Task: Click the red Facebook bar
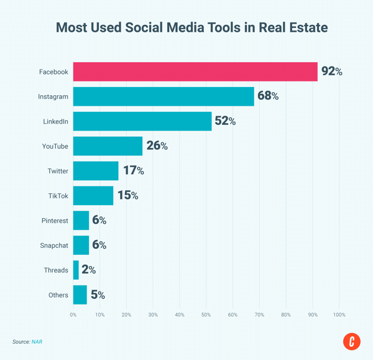195,72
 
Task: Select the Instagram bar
163,96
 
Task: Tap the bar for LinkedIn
142,121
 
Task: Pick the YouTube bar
108,146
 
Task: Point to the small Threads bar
76,270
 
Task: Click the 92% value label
331,72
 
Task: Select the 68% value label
268,96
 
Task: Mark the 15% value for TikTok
127,195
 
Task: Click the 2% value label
89,270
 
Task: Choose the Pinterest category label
54,221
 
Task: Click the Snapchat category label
54,246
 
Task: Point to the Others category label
58,295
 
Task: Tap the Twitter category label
58,171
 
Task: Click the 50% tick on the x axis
206,315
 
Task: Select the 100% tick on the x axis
339,315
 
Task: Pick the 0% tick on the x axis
73,315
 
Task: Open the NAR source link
37,342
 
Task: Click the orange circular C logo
352,341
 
